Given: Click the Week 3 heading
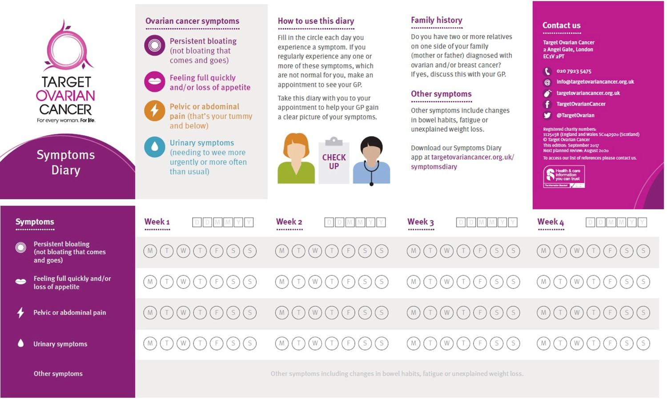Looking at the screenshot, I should click(420, 222).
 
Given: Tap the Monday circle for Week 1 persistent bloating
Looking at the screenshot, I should click(150, 251).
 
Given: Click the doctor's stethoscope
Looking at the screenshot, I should click(372, 171).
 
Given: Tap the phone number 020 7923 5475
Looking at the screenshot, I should click(574, 71).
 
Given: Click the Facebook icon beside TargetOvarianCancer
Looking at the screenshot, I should click(547, 104).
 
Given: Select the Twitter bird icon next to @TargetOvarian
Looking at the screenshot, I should click(547, 115).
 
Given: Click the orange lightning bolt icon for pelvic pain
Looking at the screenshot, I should click(155, 110).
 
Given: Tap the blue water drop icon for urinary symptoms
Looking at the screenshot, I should click(155, 147).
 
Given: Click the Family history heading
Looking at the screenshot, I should click(436, 20).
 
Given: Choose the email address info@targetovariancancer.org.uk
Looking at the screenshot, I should click(595, 82).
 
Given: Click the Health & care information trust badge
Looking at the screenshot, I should click(564, 177).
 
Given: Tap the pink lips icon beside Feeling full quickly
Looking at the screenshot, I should click(155, 81).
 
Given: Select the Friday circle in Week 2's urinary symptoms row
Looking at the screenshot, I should click(348, 343).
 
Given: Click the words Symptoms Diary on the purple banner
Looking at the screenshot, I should click(66, 162).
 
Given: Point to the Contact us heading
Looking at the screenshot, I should click(561, 25).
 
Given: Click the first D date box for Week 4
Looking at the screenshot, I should click(591, 222).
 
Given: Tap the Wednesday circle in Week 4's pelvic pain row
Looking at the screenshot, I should click(577, 313).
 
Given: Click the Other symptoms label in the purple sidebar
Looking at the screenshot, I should click(58, 374).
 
